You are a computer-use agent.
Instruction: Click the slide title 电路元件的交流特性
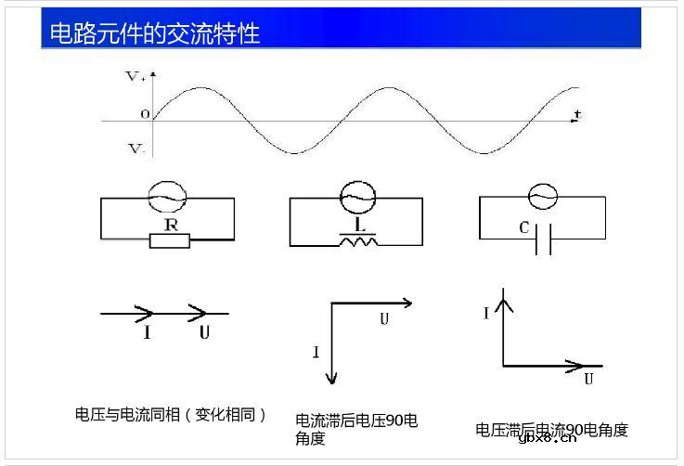(154, 34)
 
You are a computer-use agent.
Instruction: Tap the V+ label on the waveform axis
(136, 78)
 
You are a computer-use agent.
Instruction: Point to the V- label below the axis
(136, 148)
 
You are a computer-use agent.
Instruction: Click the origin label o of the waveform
(144, 114)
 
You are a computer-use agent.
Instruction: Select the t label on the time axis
(576, 113)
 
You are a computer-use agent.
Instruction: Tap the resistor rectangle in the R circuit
(170, 240)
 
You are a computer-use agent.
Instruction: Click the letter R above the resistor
(171, 225)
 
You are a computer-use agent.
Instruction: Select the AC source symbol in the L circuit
(355, 197)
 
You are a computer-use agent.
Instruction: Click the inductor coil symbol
(357, 242)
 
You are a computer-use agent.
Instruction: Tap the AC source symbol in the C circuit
(540, 196)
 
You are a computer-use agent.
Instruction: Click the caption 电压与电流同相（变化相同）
(171, 415)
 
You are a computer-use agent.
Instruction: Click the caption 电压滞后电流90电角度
(552, 430)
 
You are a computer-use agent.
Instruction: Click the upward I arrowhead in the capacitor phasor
(503, 299)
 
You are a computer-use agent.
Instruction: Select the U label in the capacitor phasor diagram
(588, 379)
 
